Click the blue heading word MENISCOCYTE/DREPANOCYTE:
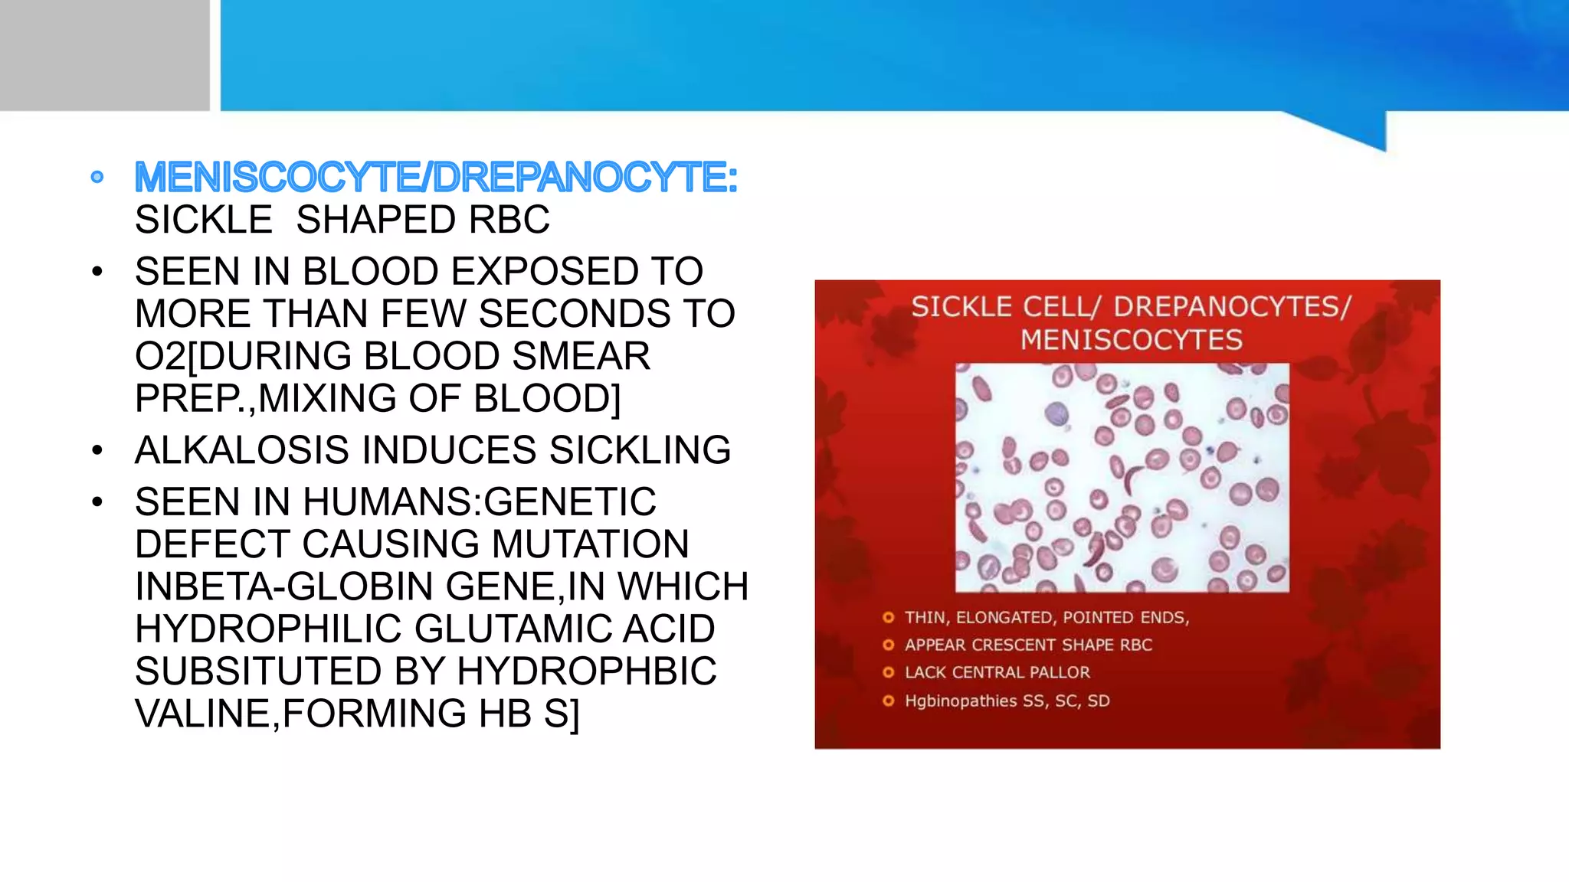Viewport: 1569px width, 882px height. [435, 178]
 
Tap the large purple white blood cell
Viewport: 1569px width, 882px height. [1056, 414]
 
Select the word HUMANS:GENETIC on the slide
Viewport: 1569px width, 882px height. [480, 502]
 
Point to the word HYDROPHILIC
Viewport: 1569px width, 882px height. [268, 629]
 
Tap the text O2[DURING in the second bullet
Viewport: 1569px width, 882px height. [237, 357]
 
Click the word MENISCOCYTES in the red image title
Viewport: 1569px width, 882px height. [1131, 340]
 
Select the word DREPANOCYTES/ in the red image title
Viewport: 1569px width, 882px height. [1232, 307]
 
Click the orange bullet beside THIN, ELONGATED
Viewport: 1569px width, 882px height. [888, 618]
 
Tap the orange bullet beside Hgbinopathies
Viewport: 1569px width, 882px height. [888, 701]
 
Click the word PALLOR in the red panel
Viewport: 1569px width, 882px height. [1060, 673]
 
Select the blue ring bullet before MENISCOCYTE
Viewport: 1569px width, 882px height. [97, 178]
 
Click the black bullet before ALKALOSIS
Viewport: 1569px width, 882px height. [97, 450]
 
